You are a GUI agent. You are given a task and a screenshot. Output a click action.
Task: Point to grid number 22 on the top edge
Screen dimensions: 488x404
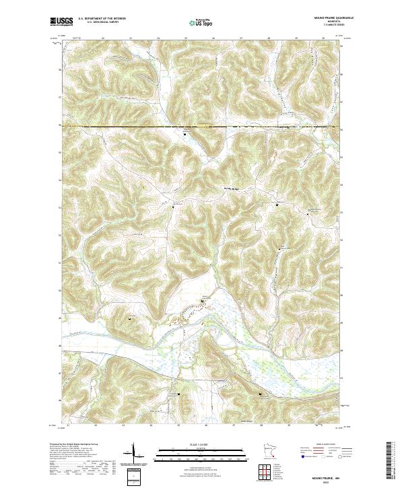(x=102, y=38)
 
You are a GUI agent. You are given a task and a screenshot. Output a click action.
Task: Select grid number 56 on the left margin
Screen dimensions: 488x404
(x=60, y=126)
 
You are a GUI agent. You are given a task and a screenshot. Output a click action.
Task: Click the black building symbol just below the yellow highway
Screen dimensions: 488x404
(x=185, y=134)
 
